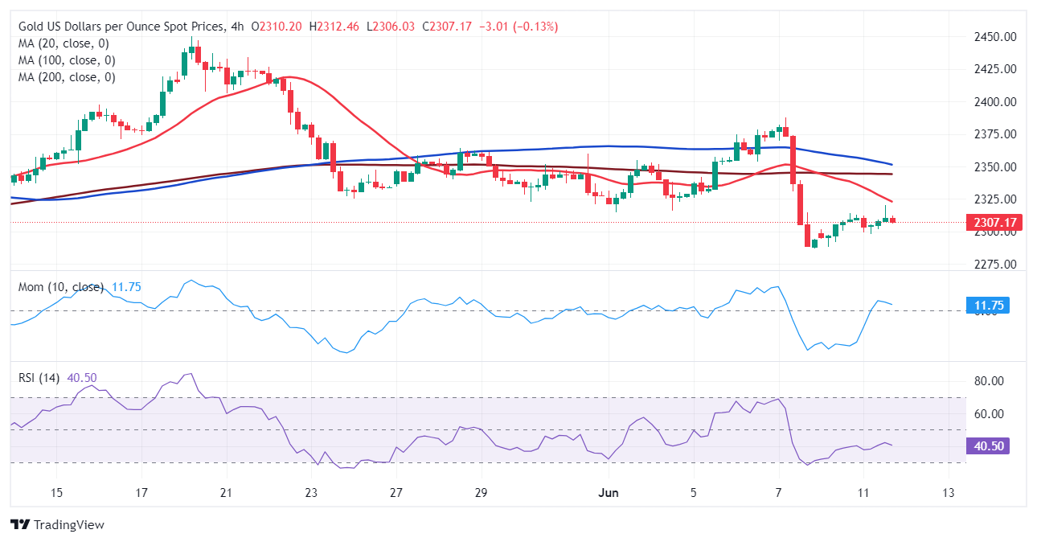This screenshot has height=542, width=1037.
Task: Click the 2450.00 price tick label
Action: click(x=994, y=37)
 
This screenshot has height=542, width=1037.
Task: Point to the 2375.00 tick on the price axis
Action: click(x=994, y=134)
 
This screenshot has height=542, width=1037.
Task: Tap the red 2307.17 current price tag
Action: click(x=994, y=222)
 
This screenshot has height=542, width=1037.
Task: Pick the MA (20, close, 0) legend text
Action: click(x=64, y=43)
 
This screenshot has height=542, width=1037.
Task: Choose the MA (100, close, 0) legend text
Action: click(x=67, y=60)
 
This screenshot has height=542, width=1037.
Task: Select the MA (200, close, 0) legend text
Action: click(x=67, y=77)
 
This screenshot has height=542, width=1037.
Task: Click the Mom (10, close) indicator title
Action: click(x=61, y=287)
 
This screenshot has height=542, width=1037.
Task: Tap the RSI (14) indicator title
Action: click(x=39, y=378)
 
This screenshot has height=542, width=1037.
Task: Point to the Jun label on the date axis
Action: click(x=609, y=492)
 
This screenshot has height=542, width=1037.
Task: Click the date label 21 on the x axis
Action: click(x=226, y=492)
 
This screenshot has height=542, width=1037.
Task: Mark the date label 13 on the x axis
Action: click(x=949, y=492)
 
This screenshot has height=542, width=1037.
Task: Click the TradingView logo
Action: click(x=58, y=524)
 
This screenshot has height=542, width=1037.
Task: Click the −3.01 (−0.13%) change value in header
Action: click(x=518, y=27)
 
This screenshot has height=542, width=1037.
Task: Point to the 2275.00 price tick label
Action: click(x=994, y=265)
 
